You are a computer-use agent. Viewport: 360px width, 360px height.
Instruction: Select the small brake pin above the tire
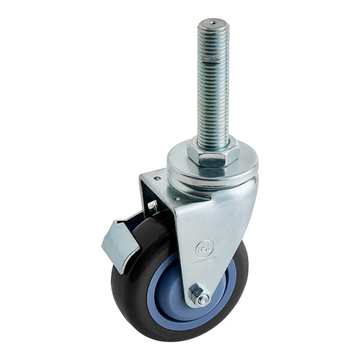click(x=152, y=208)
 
